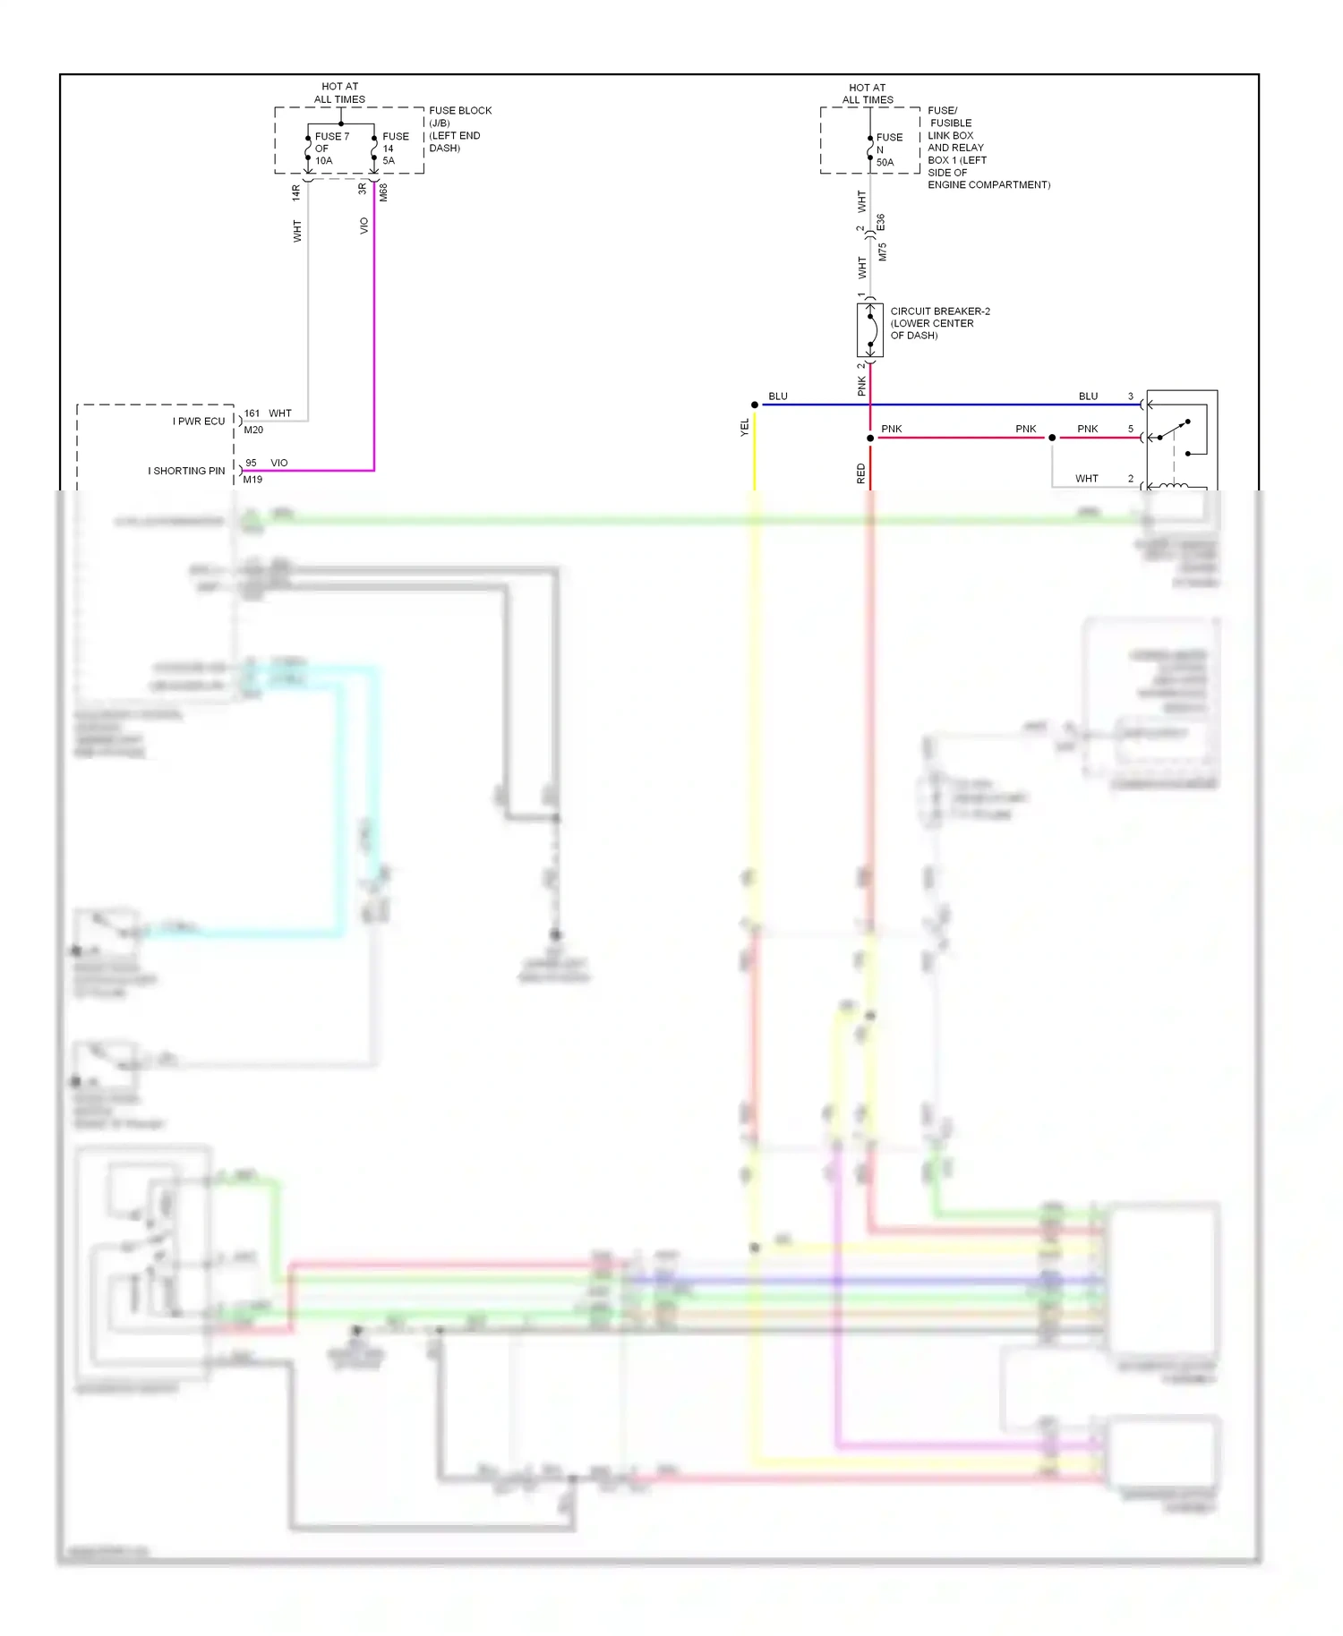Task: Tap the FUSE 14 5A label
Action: click(x=395, y=149)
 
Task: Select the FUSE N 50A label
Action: click(x=888, y=149)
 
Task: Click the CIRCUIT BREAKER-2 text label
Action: click(x=939, y=311)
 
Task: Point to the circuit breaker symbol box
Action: click(x=869, y=330)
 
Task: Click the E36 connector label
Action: click(x=881, y=222)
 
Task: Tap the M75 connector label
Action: click(x=882, y=251)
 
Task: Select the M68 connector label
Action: click(x=383, y=192)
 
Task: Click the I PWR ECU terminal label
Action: click(x=199, y=422)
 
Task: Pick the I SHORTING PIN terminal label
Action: click(x=186, y=471)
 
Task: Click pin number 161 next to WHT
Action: click(x=252, y=413)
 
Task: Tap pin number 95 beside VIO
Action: click(x=251, y=463)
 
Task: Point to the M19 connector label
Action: click(x=252, y=480)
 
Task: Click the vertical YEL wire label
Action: click(x=744, y=428)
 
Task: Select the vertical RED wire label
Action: click(x=860, y=473)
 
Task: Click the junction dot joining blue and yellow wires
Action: click(x=755, y=405)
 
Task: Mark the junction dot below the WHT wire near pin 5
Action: click(x=1052, y=438)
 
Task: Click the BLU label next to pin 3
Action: click(x=1088, y=396)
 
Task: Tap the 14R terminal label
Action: click(x=296, y=192)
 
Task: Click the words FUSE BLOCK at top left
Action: click(x=460, y=111)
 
